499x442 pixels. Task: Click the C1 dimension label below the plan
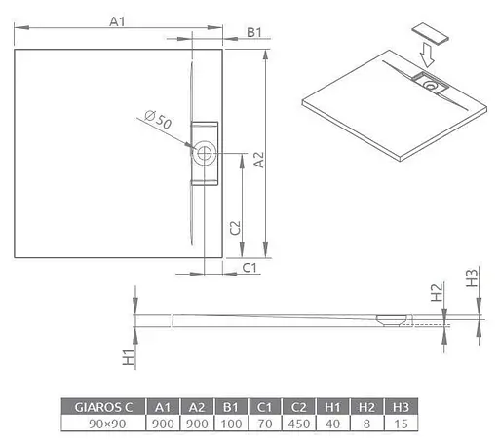249,267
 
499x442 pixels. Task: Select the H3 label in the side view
471,279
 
